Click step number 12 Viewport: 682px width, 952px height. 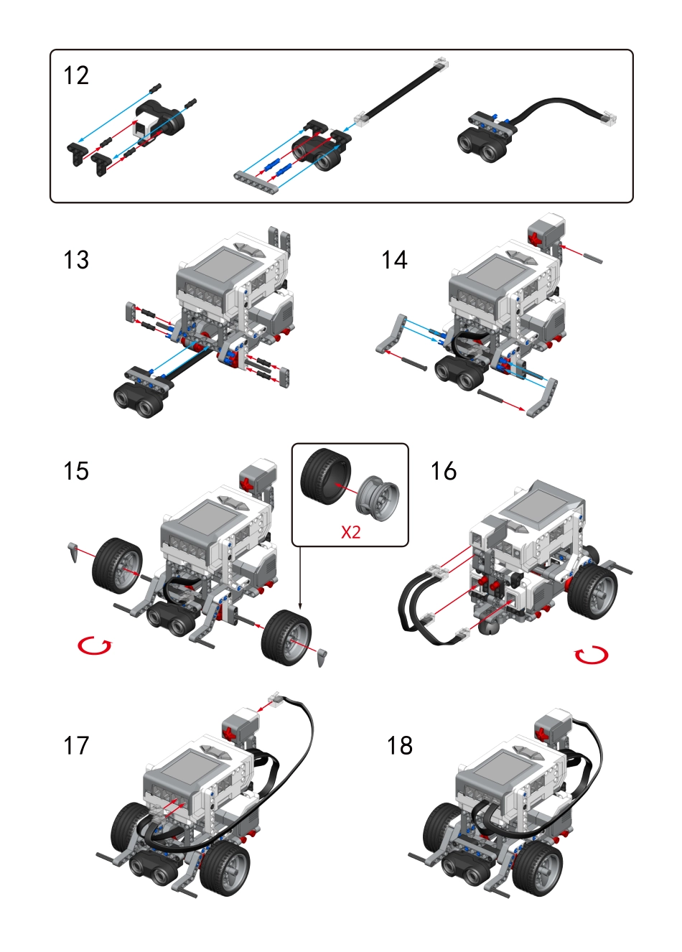pyautogui.click(x=76, y=76)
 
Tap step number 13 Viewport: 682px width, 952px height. pyautogui.click(x=76, y=260)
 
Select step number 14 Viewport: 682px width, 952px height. pyautogui.click(x=394, y=260)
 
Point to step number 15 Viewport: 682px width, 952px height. pyautogui.click(x=76, y=471)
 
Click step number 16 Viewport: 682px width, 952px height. pyautogui.click(x=443, y=471)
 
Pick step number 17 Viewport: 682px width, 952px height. pyautogui.click(x=76, y=746)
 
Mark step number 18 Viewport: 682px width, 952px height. pyautogui.click(x=400, y=746)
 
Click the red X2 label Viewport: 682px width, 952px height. pyautogui.click(x=350, y=532)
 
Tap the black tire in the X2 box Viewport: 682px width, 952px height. pyautogui.click(x=324, y=476)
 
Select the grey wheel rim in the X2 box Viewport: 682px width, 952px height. pyautogui.click(x=378, y=496)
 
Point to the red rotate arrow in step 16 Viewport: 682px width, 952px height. pyautogui.click(x=592, y=654)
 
